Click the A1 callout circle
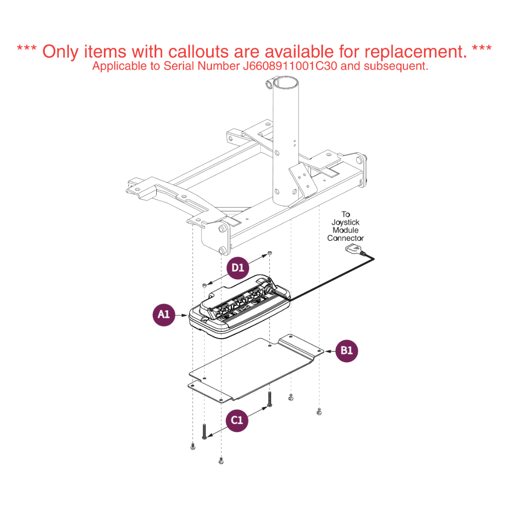click(x=164, y=315)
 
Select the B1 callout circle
click(x=347, y=350)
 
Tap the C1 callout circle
click(x=237, y=421)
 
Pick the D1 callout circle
click(x=238, y=268)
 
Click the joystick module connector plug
click(x=354, y=250)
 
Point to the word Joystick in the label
click(x=345, y=222)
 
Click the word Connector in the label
click(x=345, y=238)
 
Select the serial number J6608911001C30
click(x=290, y=66)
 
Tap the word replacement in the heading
click(x=415, y=52)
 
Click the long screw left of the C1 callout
click(x=204, y=432)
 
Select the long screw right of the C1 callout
click(x=269, y=399)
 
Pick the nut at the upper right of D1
click(x=269, y=253)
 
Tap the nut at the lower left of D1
click(x=204, y=285)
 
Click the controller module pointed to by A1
click(x=239, y=307)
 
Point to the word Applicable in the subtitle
click(x=119, y=67)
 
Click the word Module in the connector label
click(x=345, y=230)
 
